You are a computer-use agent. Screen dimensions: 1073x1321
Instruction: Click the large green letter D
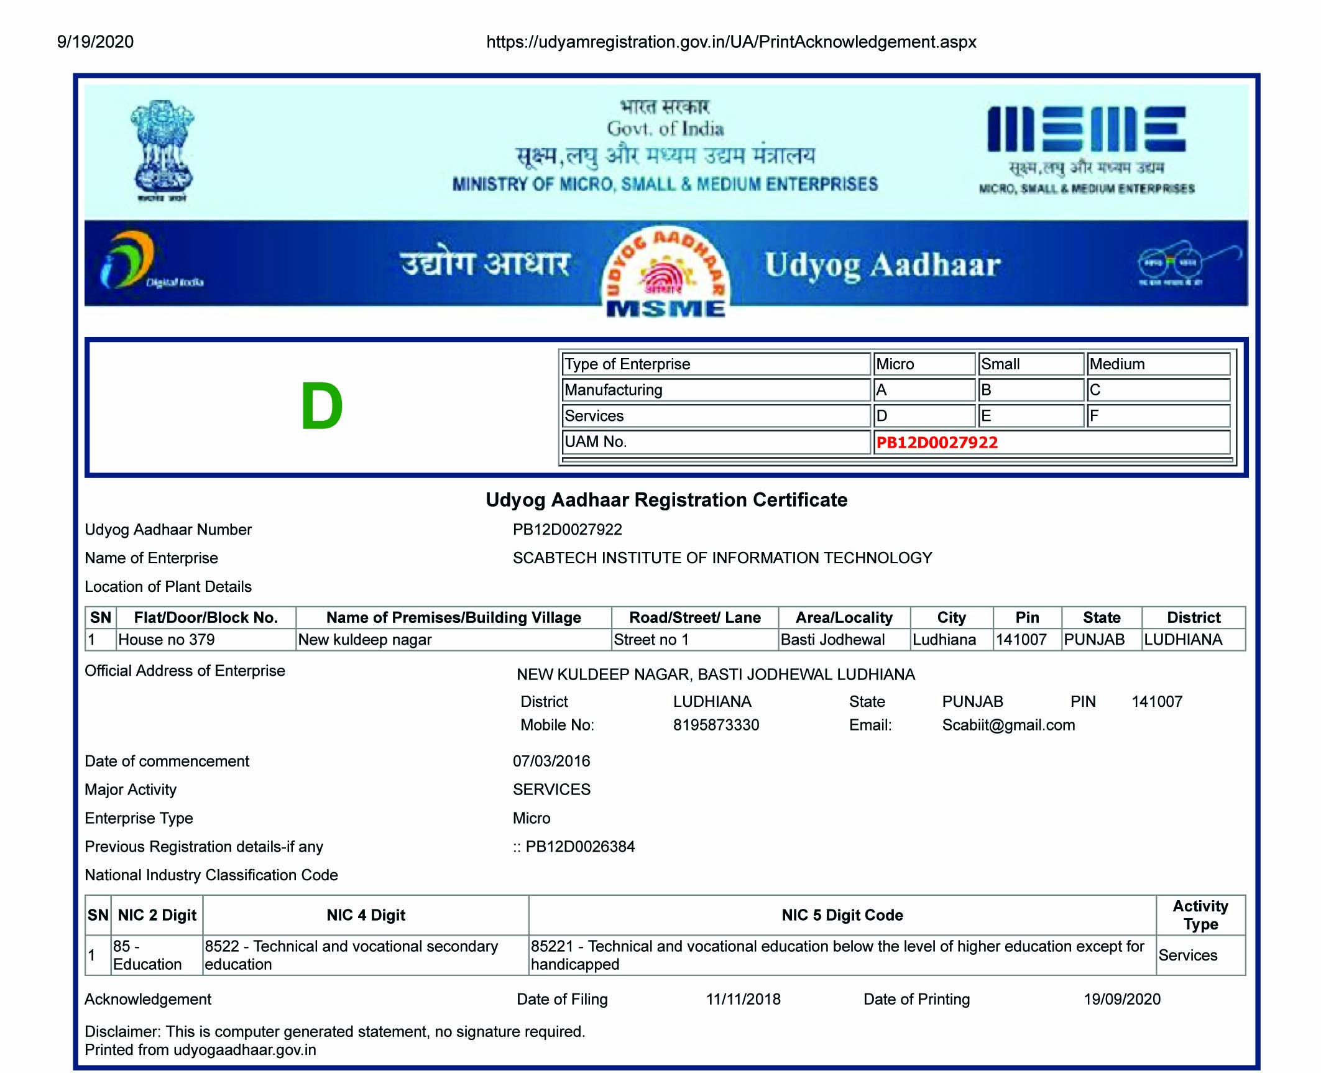coord(321,407)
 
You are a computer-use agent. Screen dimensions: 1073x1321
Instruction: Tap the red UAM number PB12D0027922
coord(936,443)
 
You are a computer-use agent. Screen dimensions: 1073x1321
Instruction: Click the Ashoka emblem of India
coord(162,150)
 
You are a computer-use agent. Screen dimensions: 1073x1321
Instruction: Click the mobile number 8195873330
coord(716,725)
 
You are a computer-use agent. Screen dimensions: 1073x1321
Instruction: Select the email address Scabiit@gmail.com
coord(1008,725)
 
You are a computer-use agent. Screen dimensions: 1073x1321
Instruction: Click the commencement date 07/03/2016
coord(551,761)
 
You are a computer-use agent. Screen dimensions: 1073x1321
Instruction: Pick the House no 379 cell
coord(167,640)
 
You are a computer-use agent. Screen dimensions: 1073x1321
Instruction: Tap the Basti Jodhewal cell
coord(832,640)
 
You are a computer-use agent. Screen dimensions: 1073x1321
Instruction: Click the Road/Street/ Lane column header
coord(694,617)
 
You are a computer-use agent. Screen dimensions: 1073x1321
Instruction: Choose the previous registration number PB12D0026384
coord(579,847)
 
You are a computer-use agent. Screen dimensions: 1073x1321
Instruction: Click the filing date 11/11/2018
coord(743,999)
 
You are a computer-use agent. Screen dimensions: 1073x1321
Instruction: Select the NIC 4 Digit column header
coord(366,915)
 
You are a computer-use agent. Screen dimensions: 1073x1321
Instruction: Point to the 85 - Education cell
coord(147,955)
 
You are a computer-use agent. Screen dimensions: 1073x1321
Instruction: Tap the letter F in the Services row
coord(1094,416)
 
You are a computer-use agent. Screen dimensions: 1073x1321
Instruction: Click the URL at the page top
coord(731,42)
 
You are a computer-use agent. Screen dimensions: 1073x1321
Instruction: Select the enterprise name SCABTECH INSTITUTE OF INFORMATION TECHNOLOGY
coord(722,558)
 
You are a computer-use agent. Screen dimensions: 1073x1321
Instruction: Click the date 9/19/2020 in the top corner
coord(95,42)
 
